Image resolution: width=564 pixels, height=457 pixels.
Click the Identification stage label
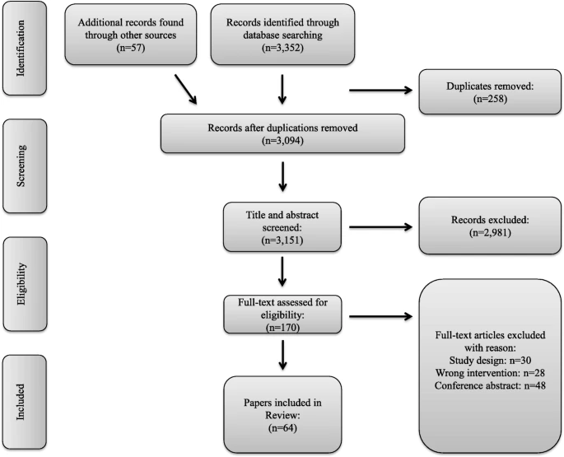21,49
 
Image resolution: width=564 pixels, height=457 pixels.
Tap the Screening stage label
21,166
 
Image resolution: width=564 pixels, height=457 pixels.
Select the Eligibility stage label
21,284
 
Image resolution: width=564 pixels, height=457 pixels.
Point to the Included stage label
21,402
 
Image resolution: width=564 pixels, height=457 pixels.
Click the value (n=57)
131,48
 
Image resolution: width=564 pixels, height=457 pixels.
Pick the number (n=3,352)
282,48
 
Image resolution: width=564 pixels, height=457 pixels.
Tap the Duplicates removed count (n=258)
490,99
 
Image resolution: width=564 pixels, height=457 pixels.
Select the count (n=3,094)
282,140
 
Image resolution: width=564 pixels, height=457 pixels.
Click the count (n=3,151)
282,240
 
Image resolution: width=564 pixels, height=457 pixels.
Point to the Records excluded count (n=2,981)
490,232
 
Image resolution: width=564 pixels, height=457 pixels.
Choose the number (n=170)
282,328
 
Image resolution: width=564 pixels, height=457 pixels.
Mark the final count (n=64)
282,428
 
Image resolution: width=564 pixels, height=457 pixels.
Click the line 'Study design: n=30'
490,360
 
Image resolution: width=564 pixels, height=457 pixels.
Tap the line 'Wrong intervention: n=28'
490,373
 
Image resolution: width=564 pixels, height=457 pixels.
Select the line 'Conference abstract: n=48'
490,385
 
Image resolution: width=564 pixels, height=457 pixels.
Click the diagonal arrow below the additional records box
186,90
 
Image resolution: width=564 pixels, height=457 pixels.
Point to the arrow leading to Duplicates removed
381,91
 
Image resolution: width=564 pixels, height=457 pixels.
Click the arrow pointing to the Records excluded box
381,227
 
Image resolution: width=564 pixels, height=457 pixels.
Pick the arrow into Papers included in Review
282,355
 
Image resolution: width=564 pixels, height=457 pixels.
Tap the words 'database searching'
282,35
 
